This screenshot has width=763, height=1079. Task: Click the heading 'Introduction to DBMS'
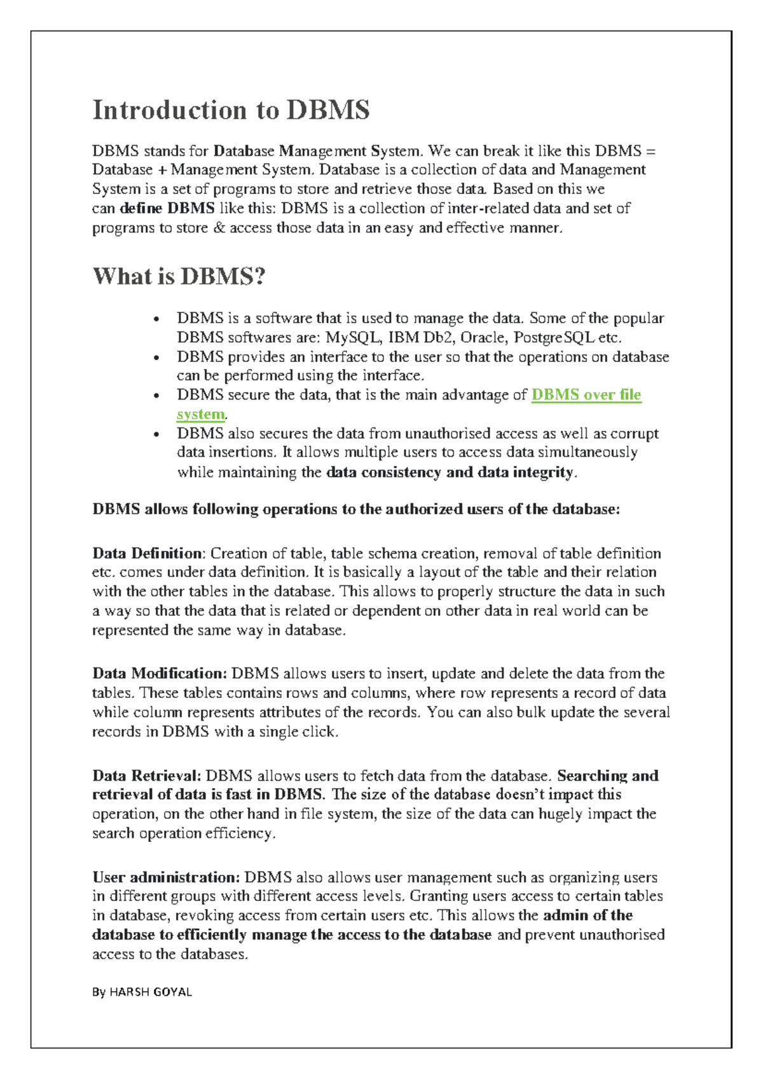click(x=231, y=110)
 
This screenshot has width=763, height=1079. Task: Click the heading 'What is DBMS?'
click(x=179, y=276)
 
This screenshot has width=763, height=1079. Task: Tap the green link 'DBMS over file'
click(x=586, y=395)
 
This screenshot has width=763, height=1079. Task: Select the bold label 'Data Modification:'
click(x=160, y=673)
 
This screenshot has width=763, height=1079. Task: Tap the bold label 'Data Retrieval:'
click(x=147, y=776)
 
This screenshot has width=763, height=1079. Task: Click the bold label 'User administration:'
click(x=166, y=877)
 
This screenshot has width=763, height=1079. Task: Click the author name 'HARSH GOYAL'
click(x=151, y=992)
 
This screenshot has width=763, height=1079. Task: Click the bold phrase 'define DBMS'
click(x=167, y=209)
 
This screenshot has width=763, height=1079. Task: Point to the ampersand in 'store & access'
click(x=219, y=228)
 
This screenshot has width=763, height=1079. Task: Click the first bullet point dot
click(x=156, y=319)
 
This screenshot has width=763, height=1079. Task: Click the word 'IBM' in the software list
click(x=403, y=337)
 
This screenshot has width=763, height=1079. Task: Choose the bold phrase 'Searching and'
click(x=607, y=776)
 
